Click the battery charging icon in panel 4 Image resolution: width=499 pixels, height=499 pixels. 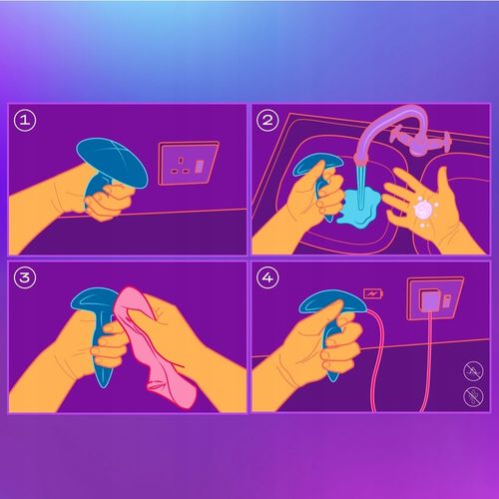(x=373, y=294)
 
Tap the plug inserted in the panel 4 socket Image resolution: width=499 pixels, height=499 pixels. (x=431, y=300)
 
